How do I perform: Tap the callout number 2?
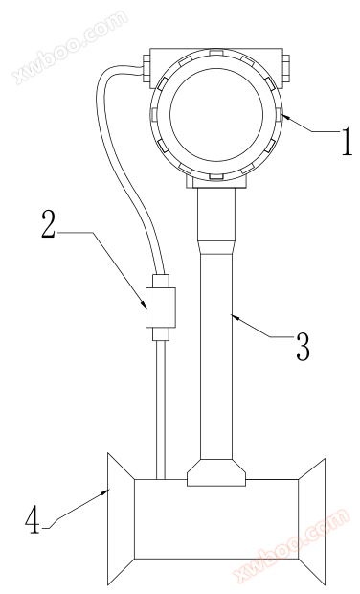(x=48, y=224)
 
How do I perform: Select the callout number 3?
(x=303, y=347)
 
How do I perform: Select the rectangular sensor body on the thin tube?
(x=161, y=308)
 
